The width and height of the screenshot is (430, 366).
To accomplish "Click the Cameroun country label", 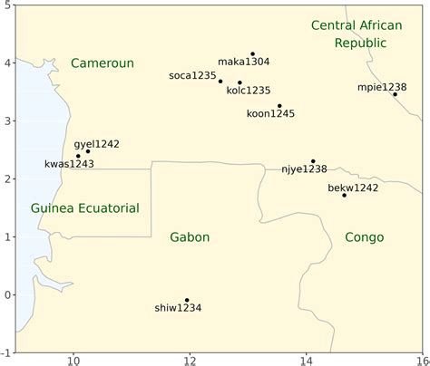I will pos(103,63).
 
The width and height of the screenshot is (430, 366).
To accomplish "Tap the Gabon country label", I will pos(190,237).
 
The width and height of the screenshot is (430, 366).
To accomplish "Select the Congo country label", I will pos(365,237).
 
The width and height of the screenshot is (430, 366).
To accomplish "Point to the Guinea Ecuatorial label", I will pos(85,208).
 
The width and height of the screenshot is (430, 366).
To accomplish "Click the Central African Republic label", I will pos(356,34).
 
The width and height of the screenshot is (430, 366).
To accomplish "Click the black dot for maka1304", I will pos(252,54).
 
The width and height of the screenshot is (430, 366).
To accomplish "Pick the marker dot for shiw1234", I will pos(187,300).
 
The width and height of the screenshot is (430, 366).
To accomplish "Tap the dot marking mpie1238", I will pos(395,94).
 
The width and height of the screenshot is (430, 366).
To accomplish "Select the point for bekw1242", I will pos(344,196).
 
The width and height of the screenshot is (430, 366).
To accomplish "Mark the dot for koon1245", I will pos(279,106).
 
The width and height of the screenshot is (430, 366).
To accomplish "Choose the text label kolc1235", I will pos(249,91).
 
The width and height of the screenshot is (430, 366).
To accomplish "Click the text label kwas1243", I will pos(70,164).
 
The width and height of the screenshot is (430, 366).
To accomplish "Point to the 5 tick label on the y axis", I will pos(7,5).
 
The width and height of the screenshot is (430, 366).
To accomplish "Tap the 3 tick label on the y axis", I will pos(7,121).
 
